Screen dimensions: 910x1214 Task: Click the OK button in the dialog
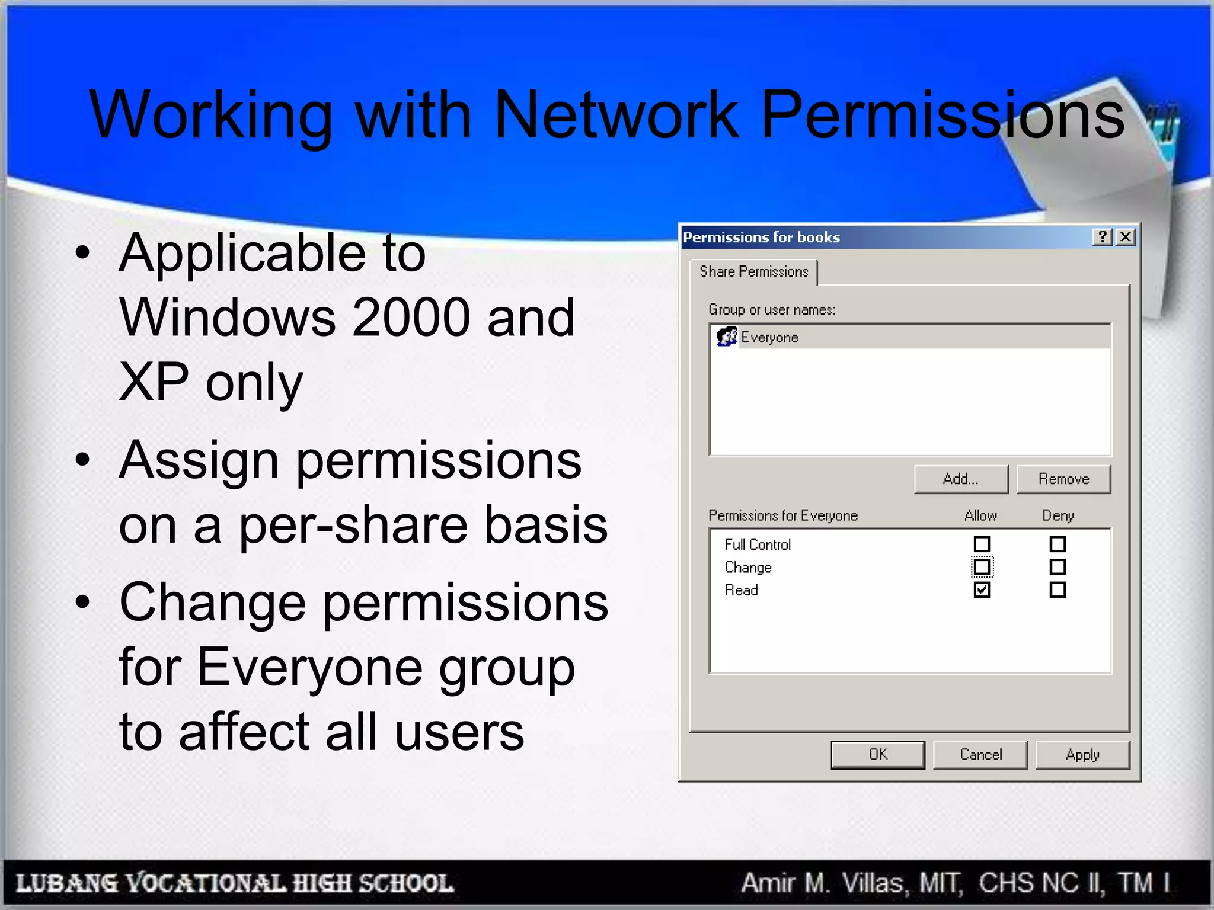(x=877, y=754)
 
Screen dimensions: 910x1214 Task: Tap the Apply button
(x=1082, y=754)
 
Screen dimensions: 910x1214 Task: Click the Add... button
(x=960, y=479)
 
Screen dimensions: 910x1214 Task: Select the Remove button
(x=1063, y=479)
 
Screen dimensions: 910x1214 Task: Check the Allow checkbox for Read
(x=982, y=589)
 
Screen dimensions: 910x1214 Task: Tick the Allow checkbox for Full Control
(x=982, y=544)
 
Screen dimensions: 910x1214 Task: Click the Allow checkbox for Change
(x=982, y=567)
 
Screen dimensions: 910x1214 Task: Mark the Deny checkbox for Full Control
(x=1058, y=544)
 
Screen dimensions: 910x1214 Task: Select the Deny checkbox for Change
(x=1058, y=567)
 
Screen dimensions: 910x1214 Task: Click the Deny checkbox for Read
(x=1058, y=589)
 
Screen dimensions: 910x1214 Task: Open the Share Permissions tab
(x=753, y=272)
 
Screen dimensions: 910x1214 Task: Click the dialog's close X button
(x=1125, y=238)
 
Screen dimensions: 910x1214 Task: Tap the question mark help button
(x=1103, y=238)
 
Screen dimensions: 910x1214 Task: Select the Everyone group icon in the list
(x=726, y=337)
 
